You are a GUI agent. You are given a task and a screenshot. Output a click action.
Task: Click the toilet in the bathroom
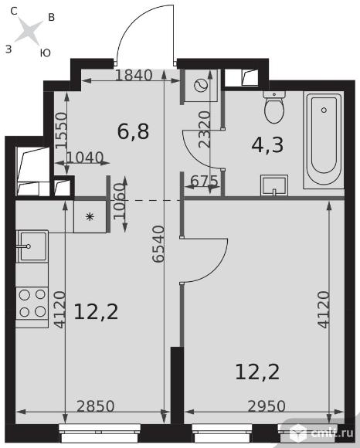point(274,107)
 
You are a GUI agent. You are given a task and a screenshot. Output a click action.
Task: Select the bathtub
point(324,140)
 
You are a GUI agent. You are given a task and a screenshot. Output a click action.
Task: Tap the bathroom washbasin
point(274,185)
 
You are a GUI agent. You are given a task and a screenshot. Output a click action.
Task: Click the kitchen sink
point(32,246)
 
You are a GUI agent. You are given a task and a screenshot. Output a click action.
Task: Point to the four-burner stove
point(32,303)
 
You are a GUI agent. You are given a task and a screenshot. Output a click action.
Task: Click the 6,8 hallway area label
point(133,132)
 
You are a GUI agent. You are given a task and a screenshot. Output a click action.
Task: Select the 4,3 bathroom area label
point(267,145)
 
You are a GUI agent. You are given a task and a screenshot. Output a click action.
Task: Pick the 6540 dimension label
point(158,243)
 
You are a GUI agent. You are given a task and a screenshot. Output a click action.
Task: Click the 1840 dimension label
point(134,76)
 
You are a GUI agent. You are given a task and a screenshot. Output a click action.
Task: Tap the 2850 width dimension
point(96,406)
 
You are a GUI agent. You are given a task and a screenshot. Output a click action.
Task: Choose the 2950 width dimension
point(267,406)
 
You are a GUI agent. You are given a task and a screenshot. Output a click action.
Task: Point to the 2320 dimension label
point(205,129)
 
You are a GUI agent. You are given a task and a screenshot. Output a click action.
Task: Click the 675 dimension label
point(204,181)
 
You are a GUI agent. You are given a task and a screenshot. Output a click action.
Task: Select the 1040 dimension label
point(84,158)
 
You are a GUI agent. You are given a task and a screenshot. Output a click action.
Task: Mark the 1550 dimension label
point(62,131)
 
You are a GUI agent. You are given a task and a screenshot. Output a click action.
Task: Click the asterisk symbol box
point(90,216)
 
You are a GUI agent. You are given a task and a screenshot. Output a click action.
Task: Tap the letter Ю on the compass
point(45,53)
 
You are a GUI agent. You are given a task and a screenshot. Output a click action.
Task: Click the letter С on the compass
point(14,11)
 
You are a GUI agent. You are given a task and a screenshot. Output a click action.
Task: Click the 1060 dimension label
point(120,201)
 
